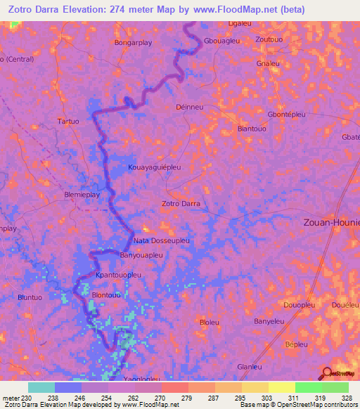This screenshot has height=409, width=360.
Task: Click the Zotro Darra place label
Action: click(x=181, y=204)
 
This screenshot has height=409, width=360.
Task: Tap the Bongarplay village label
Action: click(x=134, y=42)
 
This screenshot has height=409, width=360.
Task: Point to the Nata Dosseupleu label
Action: click(x=161, y=240)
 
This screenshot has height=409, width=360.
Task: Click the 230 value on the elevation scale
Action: click(x=27, y=398)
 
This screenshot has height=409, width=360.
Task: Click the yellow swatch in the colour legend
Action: click(x=281, y=387)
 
